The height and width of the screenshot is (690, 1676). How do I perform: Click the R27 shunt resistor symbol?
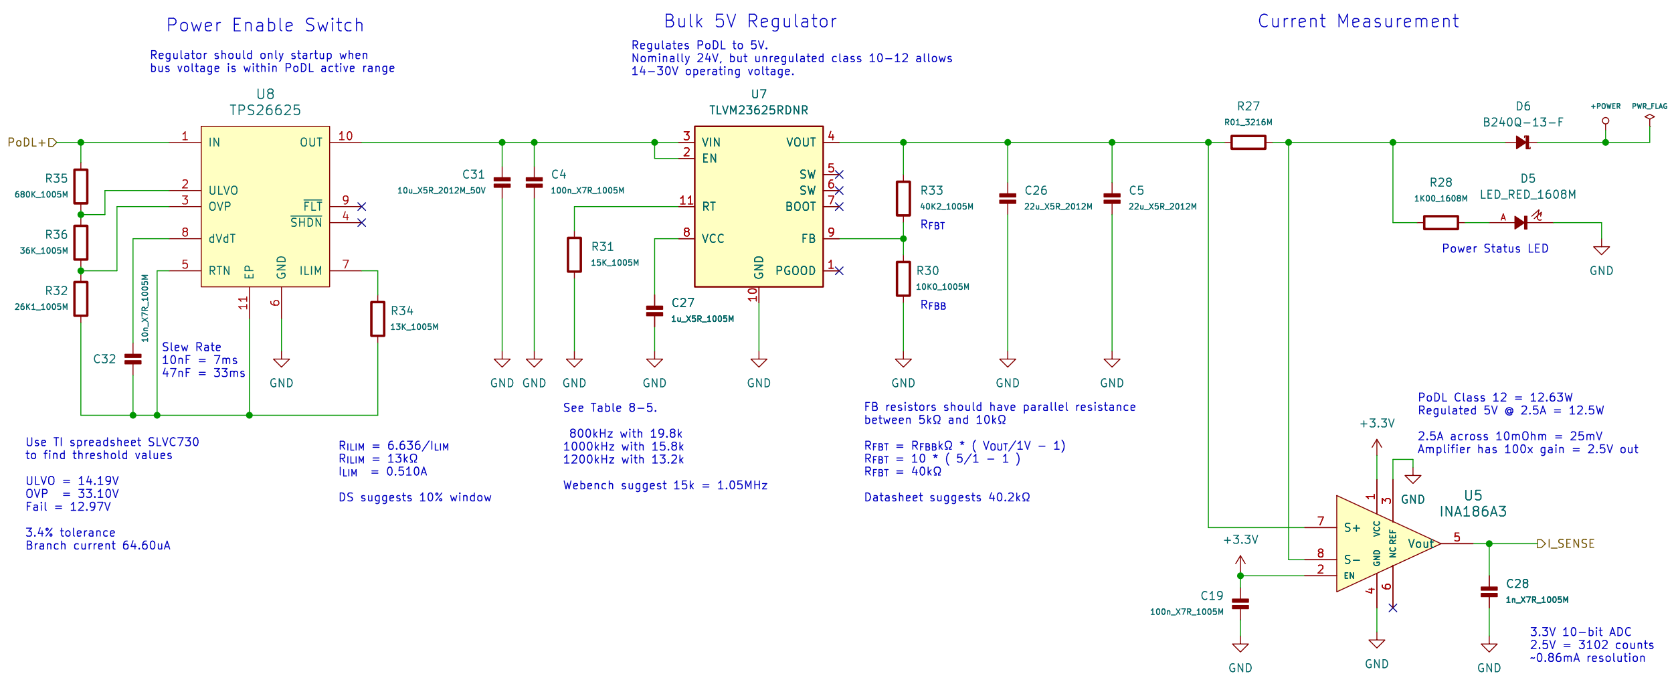[x=1248, y=142]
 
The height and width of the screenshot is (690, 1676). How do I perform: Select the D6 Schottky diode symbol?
[x=1523, y=142]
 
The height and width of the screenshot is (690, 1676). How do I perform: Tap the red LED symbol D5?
[x=1521, y=222]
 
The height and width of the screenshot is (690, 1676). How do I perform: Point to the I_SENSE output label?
[x=1569, y=543]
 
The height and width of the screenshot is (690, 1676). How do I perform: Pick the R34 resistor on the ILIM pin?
[x=377, y=319]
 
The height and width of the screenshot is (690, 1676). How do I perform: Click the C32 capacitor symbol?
[x=133, y=359]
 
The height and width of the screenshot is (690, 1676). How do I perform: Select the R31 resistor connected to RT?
[x=574, y=254]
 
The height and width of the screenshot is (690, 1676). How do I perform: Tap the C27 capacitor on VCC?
[x=654, y=311]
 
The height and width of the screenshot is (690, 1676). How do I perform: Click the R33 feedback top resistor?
[x=903, y=198]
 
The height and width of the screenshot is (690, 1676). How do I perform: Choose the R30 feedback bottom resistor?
[x=903, y=278]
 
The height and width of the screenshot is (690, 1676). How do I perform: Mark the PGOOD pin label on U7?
[x=796, y=270]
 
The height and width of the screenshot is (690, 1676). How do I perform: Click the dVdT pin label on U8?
[x=222, y=238]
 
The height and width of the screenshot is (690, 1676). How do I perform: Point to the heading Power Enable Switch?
[x=265, y=25]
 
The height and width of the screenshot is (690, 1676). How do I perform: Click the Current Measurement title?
[x=1358, y=21]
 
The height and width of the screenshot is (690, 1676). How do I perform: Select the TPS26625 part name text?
[x=265, y=110]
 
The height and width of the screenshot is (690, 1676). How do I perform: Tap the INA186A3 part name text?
[x=1473, y=512]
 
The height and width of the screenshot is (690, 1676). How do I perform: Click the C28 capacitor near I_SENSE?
[x=1489, y=592]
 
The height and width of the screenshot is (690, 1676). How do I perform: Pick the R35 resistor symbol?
[x=81, y=186]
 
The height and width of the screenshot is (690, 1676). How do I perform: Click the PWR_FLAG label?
[x=1649, y=106]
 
